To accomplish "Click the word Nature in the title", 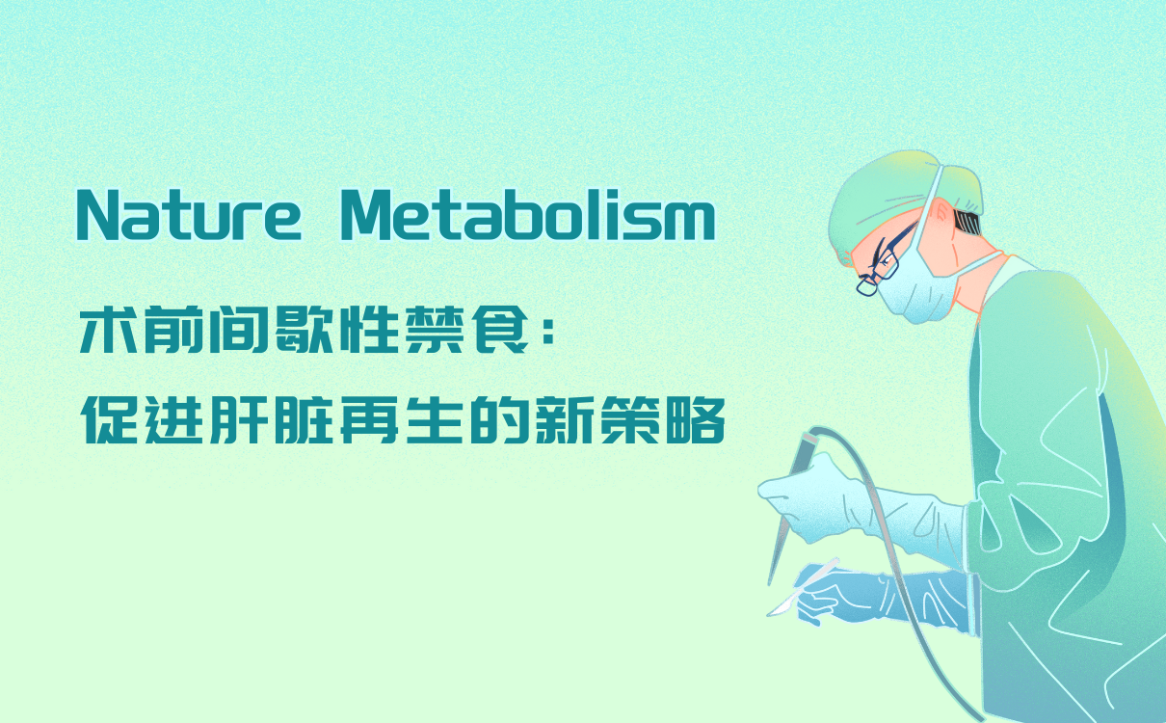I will [189, 216].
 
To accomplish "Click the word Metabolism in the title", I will [527, 216].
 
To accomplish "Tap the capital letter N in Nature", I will [96, 216].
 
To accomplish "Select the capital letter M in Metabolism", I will [366, 216].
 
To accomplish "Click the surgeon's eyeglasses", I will [879, 266].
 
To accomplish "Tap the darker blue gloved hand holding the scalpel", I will [848, 593].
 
